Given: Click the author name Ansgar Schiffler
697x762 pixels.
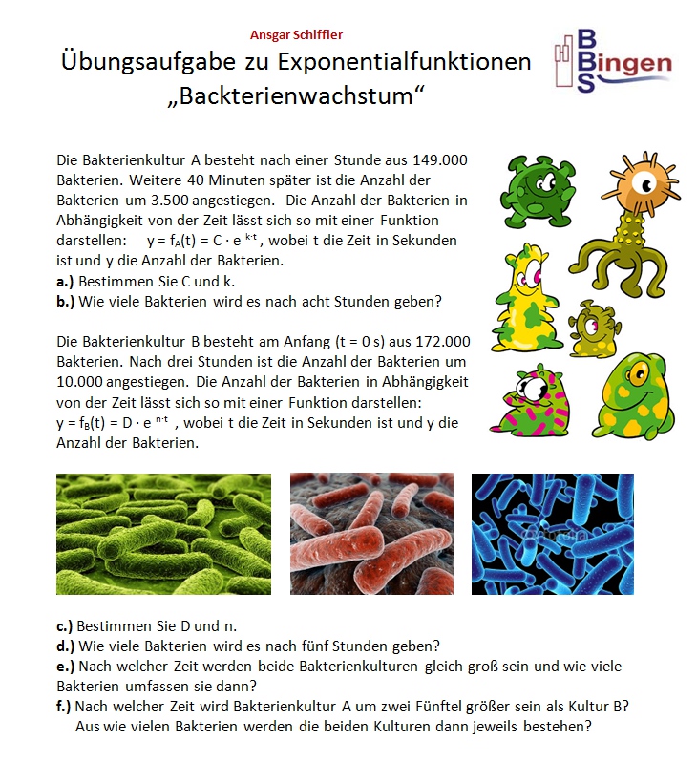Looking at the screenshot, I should (296, 35).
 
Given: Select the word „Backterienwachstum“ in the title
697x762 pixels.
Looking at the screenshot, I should (296, 96).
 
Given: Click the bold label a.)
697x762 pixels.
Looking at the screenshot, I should (66, 282).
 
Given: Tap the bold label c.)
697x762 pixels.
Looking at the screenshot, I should (66, 626).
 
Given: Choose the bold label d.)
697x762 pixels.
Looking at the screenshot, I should (66, 646).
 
